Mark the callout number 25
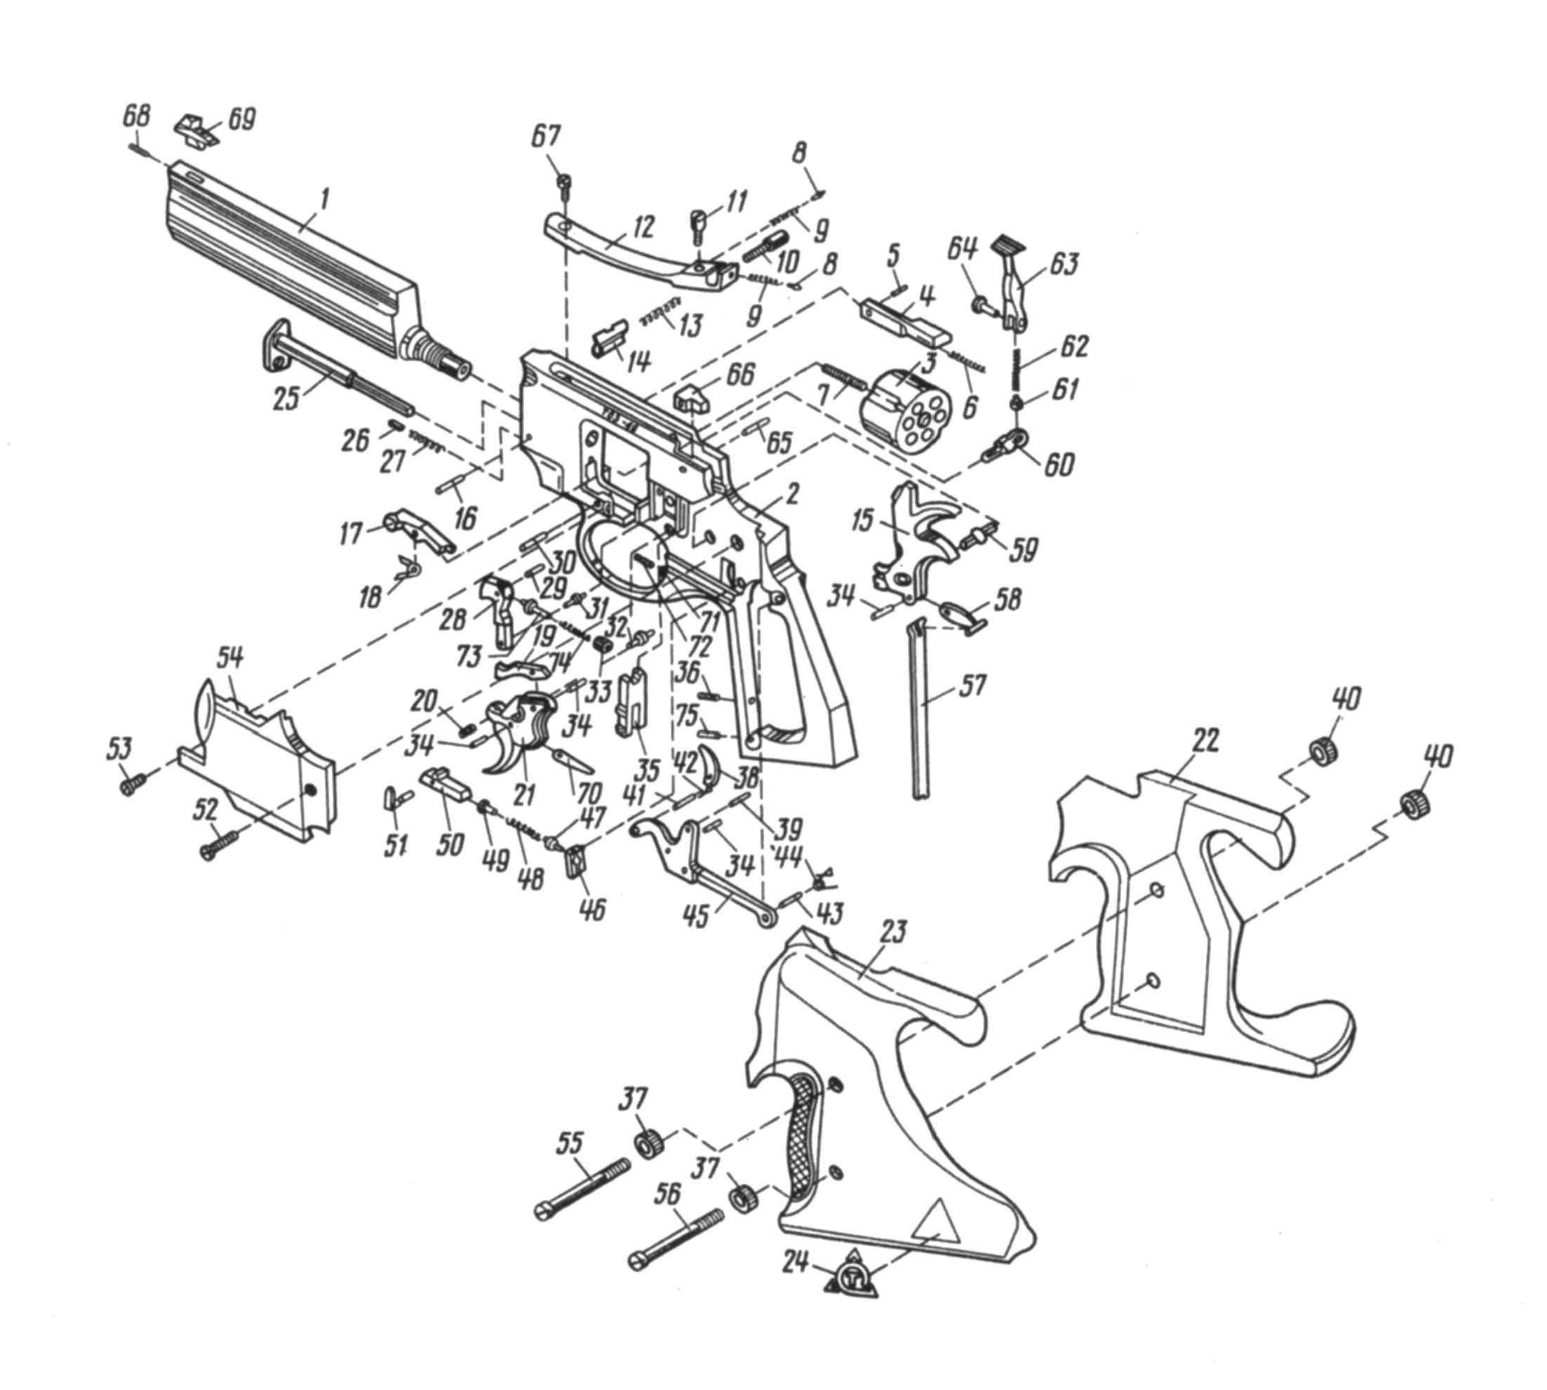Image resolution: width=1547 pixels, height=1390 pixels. (x=287, y=397)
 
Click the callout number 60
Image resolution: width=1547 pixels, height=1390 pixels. (x=1057, y=464)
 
